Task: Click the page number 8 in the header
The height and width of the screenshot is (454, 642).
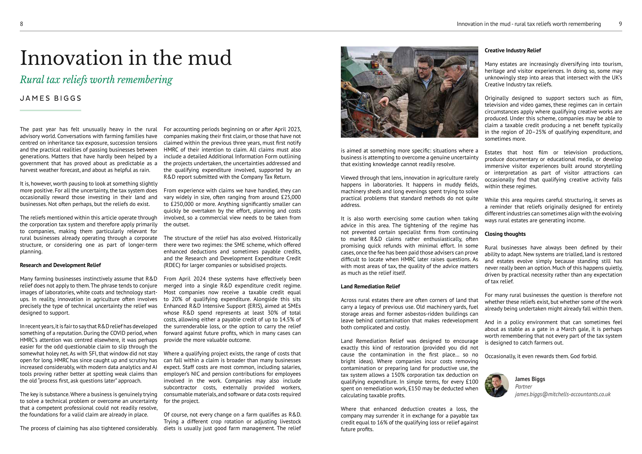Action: coord(21,24)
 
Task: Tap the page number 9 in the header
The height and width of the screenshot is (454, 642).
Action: coord(620,24)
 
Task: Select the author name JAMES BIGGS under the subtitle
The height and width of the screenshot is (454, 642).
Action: coord(51,98)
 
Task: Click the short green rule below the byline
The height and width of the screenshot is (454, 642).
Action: coord(50,110)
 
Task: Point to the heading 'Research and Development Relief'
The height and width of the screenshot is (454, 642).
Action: coord(60,265)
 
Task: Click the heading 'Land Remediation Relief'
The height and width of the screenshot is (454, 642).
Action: coord(370,287)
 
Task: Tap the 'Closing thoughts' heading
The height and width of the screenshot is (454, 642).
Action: coord(505,234)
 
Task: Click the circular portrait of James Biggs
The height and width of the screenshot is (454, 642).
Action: coord(497,385)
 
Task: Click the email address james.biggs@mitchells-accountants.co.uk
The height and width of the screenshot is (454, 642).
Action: coord(563,394)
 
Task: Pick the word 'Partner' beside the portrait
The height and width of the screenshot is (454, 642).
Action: coord(523,387)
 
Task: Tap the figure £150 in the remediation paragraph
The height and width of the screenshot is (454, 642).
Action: coord(416,389)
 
